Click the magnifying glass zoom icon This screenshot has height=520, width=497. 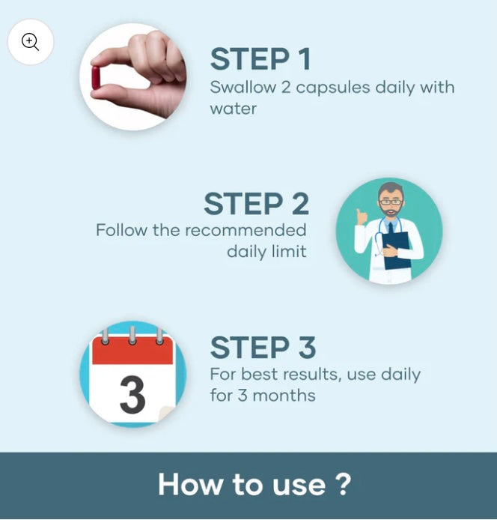(x=30, y=42)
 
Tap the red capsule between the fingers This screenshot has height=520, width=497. (x=96, y=78)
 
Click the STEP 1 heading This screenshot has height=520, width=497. (x=260, y=58)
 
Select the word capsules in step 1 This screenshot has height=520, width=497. (x=332, y=88)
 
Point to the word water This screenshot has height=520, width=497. (x=234, y=109)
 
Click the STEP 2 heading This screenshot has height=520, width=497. (x=257, y=204)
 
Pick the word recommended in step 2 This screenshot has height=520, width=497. (x=246, y=230)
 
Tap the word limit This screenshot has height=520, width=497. (x=289, y=251)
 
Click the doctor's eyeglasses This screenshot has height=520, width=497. (x=391, y=202)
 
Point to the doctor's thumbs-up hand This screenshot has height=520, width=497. (x=362, y=217)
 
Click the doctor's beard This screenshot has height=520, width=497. (x=391, y=211)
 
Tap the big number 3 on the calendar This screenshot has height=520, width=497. (x=132, y=395)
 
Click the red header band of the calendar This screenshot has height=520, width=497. (x=132, y=351)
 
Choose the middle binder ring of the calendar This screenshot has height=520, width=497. (x=132, y=336)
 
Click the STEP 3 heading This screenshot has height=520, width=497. (x=263, y=347)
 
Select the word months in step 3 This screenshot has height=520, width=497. (x=284, y=396)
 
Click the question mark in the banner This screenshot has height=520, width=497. (x=341, y=484)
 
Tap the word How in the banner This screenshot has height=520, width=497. (x=191, y=485)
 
